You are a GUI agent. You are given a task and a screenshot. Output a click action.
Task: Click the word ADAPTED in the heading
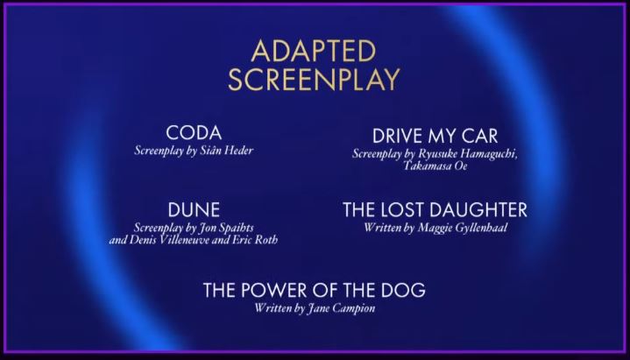tap(314, 51)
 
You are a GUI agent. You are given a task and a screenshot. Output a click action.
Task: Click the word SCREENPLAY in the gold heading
tap(314, 79)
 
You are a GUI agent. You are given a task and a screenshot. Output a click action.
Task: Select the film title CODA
tap(194, 133)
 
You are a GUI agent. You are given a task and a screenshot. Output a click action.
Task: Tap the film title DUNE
tap(194, 209)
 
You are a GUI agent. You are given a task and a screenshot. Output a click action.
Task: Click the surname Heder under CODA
tap(238, 151)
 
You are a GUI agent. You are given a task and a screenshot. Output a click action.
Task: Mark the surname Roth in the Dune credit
tap(266, 240)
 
